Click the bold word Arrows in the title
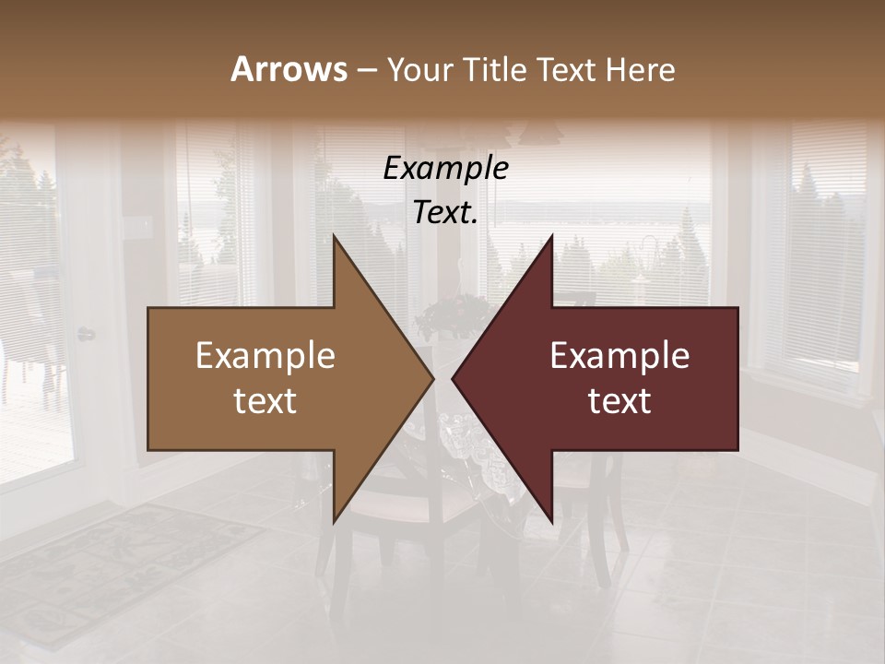(x=289, y=69)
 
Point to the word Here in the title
(x=640, y=70)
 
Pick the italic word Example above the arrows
(x=445, y=168)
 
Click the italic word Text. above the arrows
(x=445, y=213)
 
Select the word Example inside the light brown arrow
(x=265, y=356)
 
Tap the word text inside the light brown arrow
(x=265, y=400)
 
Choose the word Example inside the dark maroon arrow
(x=619, y=356)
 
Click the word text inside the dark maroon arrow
(x=619, y=400)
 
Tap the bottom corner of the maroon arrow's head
(x=551, y=520)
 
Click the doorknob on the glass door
(x=86, y=334)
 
